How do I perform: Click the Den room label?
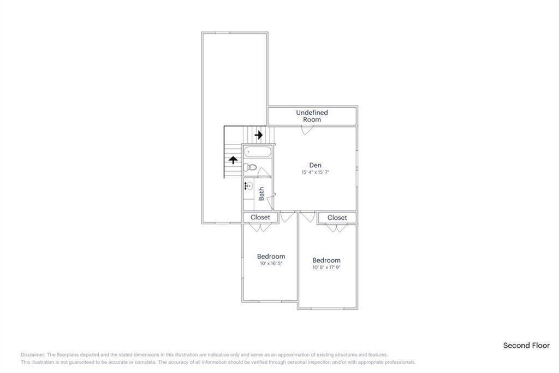pos(315,165)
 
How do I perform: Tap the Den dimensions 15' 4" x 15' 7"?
pos(315,172)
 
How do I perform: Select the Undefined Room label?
pos(312,116)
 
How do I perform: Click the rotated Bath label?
pos(261,193)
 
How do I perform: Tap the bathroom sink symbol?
pos(248,186)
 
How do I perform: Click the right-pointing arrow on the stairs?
pos(259,134)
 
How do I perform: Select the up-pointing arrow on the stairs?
pos(233,160)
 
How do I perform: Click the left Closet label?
pos(260,217)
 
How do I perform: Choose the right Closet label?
pos(337,217)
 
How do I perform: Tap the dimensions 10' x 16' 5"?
pos(271,264)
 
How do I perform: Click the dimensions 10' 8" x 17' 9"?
pos(326,267)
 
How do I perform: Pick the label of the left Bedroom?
pos(271,256)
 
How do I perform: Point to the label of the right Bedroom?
pos(326,260)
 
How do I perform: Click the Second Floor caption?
pos(526,345)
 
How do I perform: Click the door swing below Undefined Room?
pos(307,130)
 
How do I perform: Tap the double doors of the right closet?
pos(337,228)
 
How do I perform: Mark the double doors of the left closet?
pos(260,228)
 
